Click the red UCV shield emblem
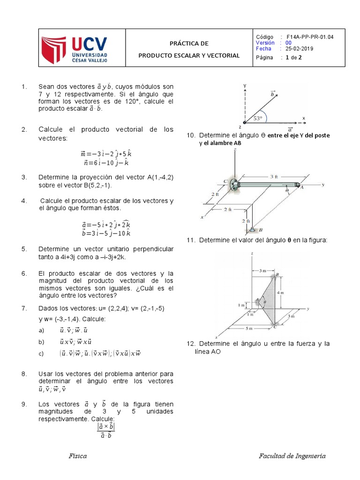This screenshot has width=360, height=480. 55,51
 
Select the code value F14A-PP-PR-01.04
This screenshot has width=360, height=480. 306,37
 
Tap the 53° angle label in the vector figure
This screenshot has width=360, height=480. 258,119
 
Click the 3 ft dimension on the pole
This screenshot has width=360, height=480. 274,176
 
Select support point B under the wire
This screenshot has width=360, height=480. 253,230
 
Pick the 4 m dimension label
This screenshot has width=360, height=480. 293,292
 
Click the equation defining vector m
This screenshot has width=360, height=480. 105,154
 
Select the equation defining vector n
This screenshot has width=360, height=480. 106,163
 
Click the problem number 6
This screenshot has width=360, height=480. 24,273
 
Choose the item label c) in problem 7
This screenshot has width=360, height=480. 41,354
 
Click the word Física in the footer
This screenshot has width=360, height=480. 77,456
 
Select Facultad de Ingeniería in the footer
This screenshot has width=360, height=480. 292,456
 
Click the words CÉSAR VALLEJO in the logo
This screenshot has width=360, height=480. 90,60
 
